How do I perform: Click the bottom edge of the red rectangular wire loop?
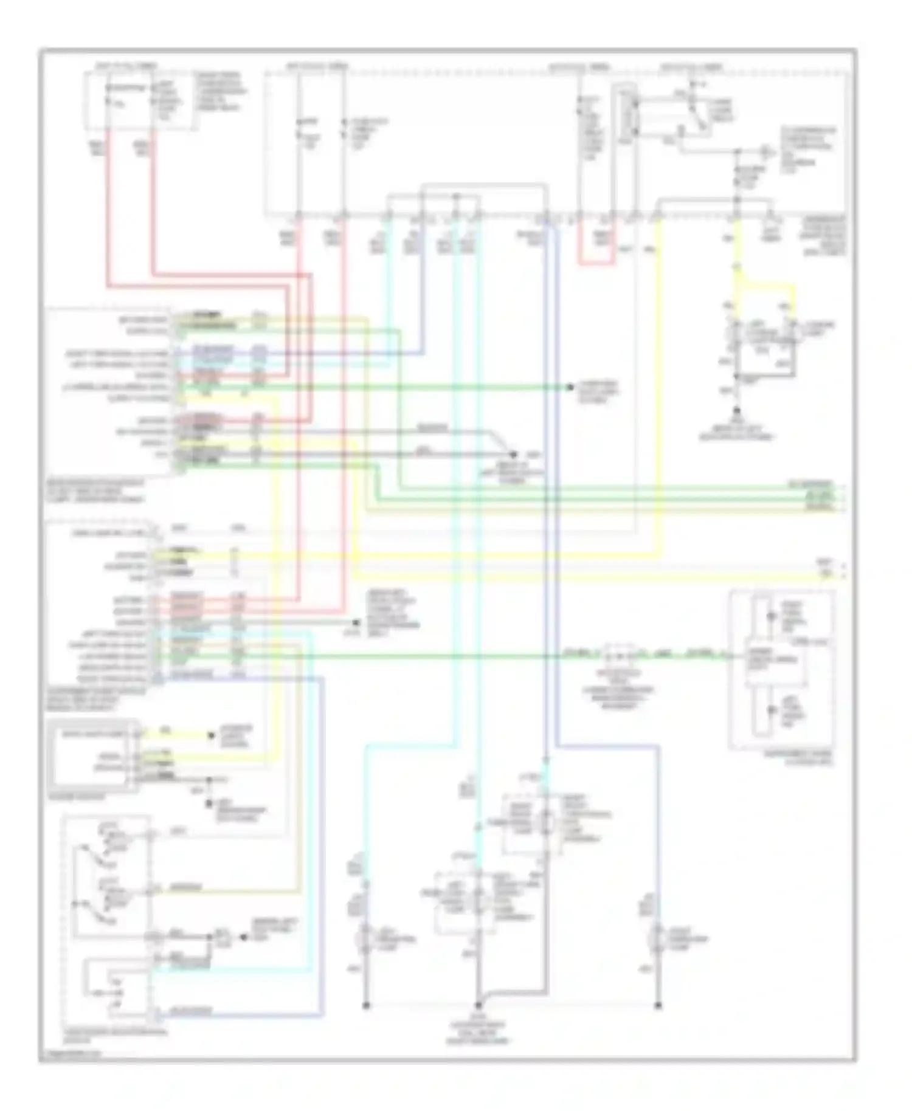[596, 264]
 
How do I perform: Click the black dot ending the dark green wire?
[570, 387]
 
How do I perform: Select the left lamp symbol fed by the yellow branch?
[736, 333]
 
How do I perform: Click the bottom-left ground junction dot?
[366, 1006]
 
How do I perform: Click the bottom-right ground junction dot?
[658, 1006]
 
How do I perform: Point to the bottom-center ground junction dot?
[478, 1006]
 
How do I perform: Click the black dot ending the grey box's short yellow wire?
[212, 735]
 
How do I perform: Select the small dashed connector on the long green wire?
[618, 655]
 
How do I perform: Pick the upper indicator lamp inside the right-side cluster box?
[771, 617]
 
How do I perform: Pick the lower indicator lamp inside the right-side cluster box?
[771, 710]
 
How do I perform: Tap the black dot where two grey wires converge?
[513, 455]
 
